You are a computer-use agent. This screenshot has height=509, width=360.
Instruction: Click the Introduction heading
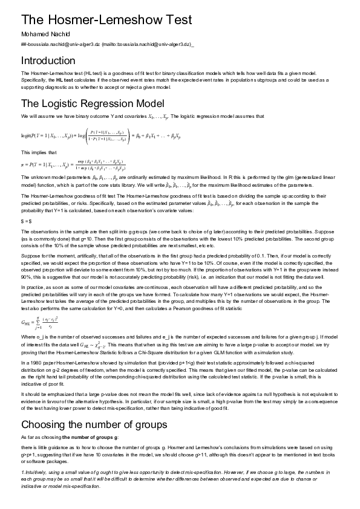[x=48, y=60]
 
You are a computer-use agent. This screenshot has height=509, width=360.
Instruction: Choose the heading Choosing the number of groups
[x=94, y=424]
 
